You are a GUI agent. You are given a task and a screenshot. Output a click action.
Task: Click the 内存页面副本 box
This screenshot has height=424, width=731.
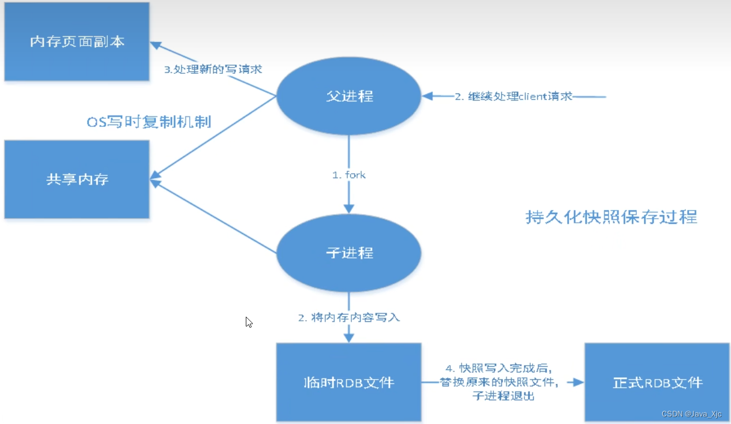77,42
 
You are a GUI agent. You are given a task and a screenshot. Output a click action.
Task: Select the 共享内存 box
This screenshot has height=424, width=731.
77,179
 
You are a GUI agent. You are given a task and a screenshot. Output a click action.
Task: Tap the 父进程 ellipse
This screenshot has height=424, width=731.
349,96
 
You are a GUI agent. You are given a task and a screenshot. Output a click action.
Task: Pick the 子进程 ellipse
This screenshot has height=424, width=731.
349,253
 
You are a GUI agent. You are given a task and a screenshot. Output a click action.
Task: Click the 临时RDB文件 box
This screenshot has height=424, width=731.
348,382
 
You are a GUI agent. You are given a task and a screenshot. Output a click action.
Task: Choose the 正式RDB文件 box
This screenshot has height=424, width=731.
657,382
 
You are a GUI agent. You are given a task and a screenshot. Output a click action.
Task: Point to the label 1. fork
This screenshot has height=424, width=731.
348,175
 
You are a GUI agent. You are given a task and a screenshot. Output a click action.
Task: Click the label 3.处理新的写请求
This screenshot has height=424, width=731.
213,70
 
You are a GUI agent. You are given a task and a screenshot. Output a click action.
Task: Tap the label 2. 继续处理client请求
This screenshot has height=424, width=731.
513,96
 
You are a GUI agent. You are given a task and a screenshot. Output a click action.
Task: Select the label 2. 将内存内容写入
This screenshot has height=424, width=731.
348,317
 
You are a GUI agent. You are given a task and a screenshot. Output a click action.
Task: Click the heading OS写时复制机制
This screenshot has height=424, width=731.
149,122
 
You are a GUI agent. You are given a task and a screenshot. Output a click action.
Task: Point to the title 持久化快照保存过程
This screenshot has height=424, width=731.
611,217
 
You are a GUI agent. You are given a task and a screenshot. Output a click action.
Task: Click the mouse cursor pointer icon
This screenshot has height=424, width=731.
248,322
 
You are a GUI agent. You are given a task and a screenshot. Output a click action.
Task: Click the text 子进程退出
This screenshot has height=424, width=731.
502,396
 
